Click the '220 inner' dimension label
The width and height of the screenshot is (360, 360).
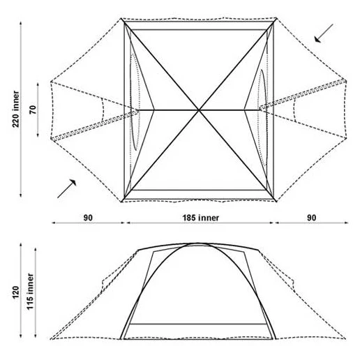15,109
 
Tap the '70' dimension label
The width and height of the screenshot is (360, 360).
33,110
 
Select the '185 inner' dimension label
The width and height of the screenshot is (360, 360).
200,218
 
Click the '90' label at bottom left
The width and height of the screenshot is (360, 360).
88,218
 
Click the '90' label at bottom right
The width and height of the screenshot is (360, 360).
311,218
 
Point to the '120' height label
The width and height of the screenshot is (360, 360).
15,292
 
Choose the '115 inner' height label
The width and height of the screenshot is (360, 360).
30,292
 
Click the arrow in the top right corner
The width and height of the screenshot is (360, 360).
324,33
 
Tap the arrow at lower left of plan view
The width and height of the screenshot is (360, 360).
67,188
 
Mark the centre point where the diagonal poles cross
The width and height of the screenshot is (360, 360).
199,110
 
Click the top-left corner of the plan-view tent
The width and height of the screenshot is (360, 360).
121,18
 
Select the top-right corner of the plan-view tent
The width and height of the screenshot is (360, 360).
276,18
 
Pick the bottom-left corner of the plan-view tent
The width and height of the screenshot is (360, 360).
121,202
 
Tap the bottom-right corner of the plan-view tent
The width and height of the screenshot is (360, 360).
276,202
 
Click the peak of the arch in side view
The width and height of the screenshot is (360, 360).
197,243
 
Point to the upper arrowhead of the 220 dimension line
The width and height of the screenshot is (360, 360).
21,23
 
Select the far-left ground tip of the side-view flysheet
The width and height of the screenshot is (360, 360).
50,339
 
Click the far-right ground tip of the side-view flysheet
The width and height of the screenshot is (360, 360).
345,338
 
